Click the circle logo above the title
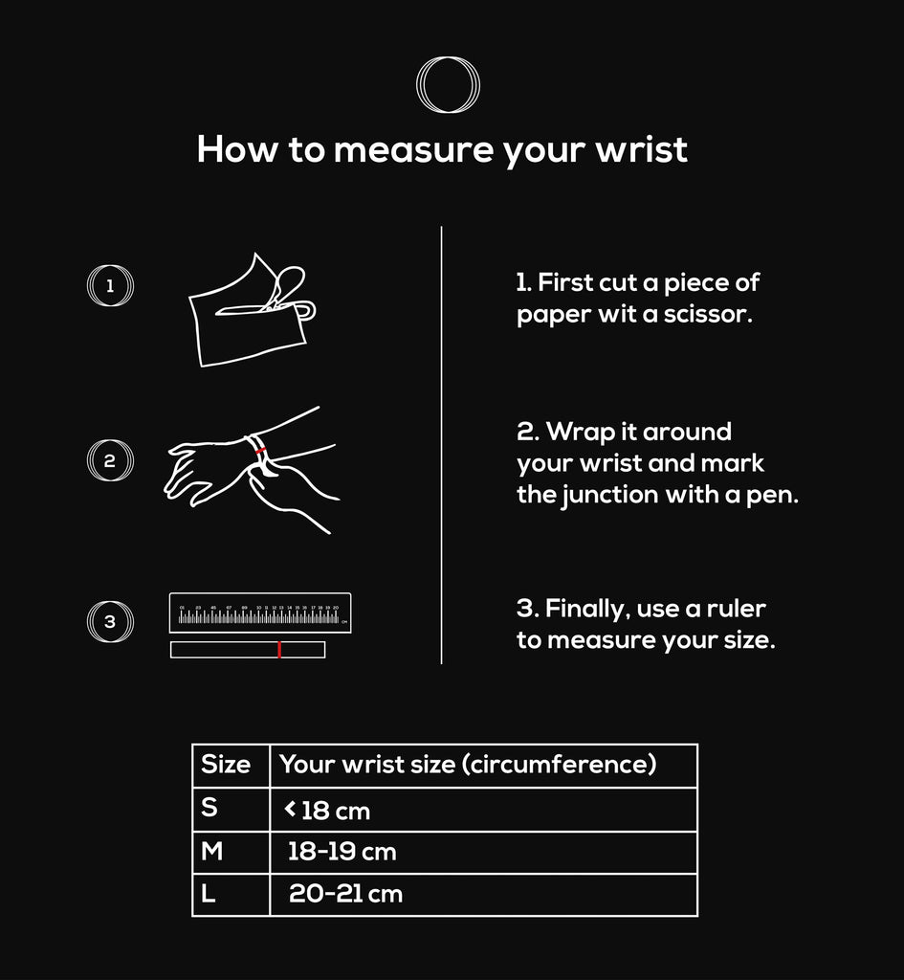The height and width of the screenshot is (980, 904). coord(448,85)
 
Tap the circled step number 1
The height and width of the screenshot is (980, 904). coord(110,285)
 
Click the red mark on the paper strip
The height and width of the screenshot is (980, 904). coord(278,650)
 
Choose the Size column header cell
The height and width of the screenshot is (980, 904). coord(230,765)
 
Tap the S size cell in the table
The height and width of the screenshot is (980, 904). coord(230,809)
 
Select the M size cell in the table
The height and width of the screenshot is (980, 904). coord(230,852)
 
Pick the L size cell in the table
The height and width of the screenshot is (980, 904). coord(230,895)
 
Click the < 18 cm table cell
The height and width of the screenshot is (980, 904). coord(482,810)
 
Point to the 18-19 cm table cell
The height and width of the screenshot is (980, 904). coord(482,852)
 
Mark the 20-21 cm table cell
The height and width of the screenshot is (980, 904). coord(482,895)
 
